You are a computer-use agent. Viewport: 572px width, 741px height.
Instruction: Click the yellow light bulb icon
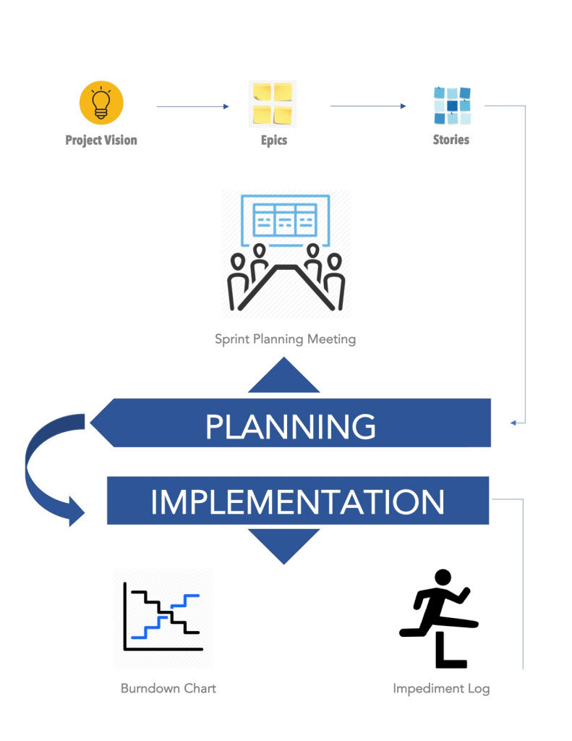(x=101, y=103)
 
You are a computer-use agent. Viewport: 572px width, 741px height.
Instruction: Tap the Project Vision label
(x=101, y=140)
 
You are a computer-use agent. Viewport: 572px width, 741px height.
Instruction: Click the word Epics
(x=274, y=140)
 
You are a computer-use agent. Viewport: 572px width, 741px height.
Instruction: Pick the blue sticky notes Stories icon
(x=452, y=106)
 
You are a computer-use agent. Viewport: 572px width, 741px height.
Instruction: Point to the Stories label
(x=451, y=139)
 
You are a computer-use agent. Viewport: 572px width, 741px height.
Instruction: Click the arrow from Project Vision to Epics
(x=192, y=107)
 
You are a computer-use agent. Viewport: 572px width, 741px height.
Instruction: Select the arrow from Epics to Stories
(x=368, y=106)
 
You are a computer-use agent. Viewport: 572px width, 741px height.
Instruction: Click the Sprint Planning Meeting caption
(x=285, y=339)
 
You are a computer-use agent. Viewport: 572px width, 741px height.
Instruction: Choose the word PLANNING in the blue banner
(x=291, y=427)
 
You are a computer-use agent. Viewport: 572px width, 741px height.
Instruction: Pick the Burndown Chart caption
(x=168, y=688)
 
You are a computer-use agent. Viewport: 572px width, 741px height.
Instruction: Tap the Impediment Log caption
(x=441, y=688)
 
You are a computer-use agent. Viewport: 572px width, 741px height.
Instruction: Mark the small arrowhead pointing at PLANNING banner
(x=513, y=422)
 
